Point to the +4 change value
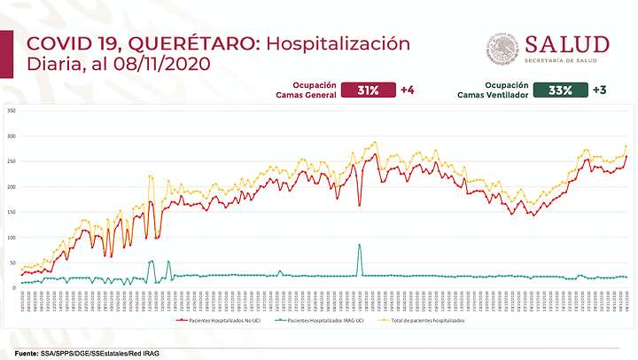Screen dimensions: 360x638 tap(408, 90)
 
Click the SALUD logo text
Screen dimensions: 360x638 tap(567, 44)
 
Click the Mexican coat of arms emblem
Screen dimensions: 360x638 tap(503, 50)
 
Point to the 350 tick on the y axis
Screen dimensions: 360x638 tap(12, 111)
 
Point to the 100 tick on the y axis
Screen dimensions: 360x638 tap(12, 238)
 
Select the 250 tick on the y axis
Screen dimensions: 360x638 tap(12, 161)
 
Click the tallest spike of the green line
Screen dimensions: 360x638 tap(359, 245)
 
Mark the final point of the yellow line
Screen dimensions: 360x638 tap(626, 146)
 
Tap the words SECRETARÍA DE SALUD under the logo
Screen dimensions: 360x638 tap(567, 61)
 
